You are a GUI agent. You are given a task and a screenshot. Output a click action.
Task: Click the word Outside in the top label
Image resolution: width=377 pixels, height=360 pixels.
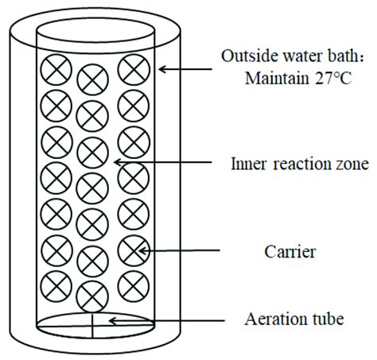[x=244, y=56]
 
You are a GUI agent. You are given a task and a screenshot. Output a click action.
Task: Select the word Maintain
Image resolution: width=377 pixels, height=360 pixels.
[x=272, y=79]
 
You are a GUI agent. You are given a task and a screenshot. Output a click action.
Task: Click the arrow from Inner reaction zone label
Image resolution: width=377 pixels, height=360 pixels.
[x=167, y=164]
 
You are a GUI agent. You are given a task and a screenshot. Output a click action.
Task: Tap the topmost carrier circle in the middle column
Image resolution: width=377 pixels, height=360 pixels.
[x=92, y=77]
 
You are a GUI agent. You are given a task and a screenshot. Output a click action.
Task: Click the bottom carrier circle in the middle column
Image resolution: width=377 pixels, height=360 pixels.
[x=92, y=293]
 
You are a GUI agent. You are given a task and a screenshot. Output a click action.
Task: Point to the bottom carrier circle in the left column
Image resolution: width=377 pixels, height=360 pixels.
[x=56, y=284]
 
